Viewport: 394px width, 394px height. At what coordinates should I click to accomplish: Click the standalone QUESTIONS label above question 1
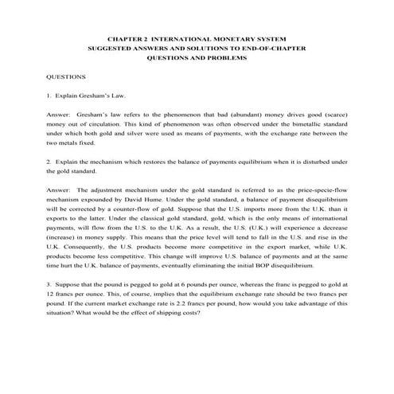[64, 80]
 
